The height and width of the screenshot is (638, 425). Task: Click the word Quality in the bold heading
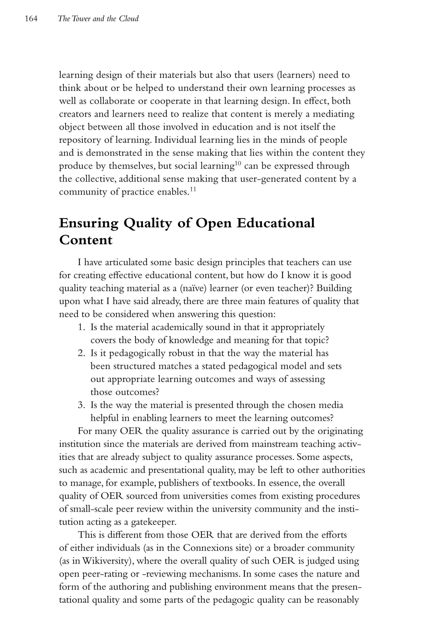click(x=148, y=223)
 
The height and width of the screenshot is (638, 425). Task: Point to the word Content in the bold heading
click(x=86, y=240)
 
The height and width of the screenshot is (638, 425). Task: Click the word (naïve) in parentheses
click(x=193, y=288)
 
